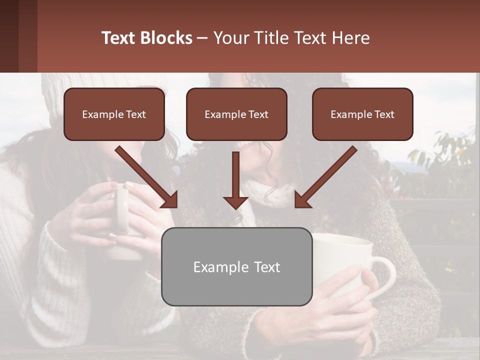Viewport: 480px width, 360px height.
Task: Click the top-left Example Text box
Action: (114, 114)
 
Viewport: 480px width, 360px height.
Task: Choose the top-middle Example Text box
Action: (236, 114)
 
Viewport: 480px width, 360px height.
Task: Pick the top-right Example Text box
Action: (362, 114)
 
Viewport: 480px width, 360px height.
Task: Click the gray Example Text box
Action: (237, 267)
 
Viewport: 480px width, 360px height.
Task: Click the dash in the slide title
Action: (203, 38)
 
